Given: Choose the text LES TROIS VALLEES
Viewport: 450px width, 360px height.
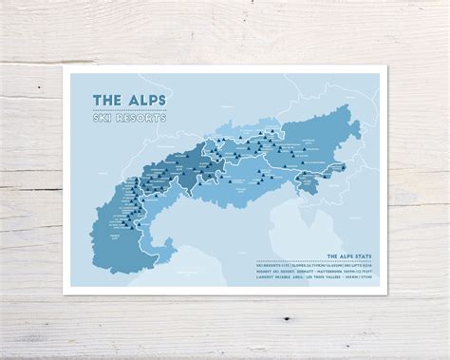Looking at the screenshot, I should (325, 278).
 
